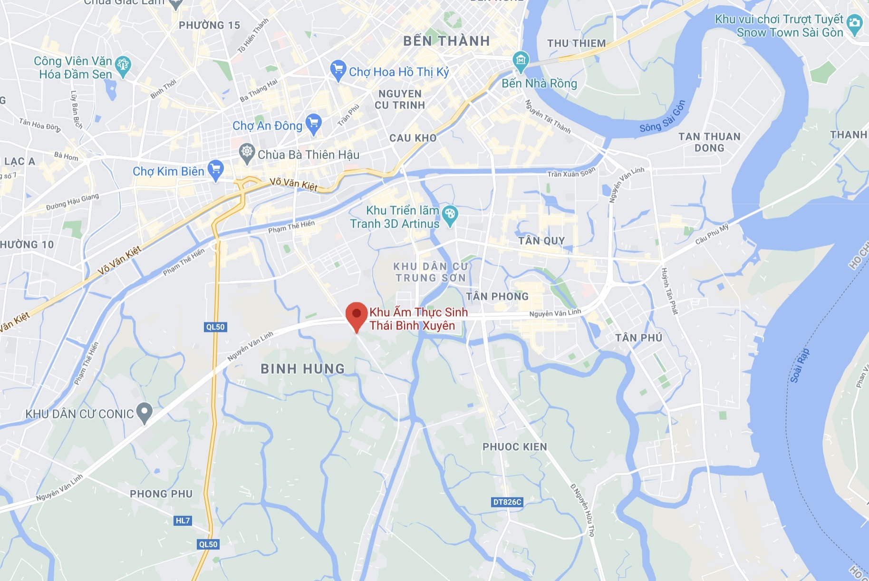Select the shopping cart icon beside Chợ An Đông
(313, 124)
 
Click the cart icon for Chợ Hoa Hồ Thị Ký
(338, 70)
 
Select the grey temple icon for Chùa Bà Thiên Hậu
(247, 153)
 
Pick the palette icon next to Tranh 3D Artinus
(450, 215)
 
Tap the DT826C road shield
(507, 502)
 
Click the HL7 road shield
(183, 521)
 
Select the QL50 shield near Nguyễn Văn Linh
(215, 327)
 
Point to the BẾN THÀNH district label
(446, 41)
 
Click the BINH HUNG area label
(303, 369)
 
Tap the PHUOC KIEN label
(515, 447)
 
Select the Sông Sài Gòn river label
(663, 117)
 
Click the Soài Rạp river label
(800, 365)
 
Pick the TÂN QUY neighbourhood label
(541, 241)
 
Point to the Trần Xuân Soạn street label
(571, 173)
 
